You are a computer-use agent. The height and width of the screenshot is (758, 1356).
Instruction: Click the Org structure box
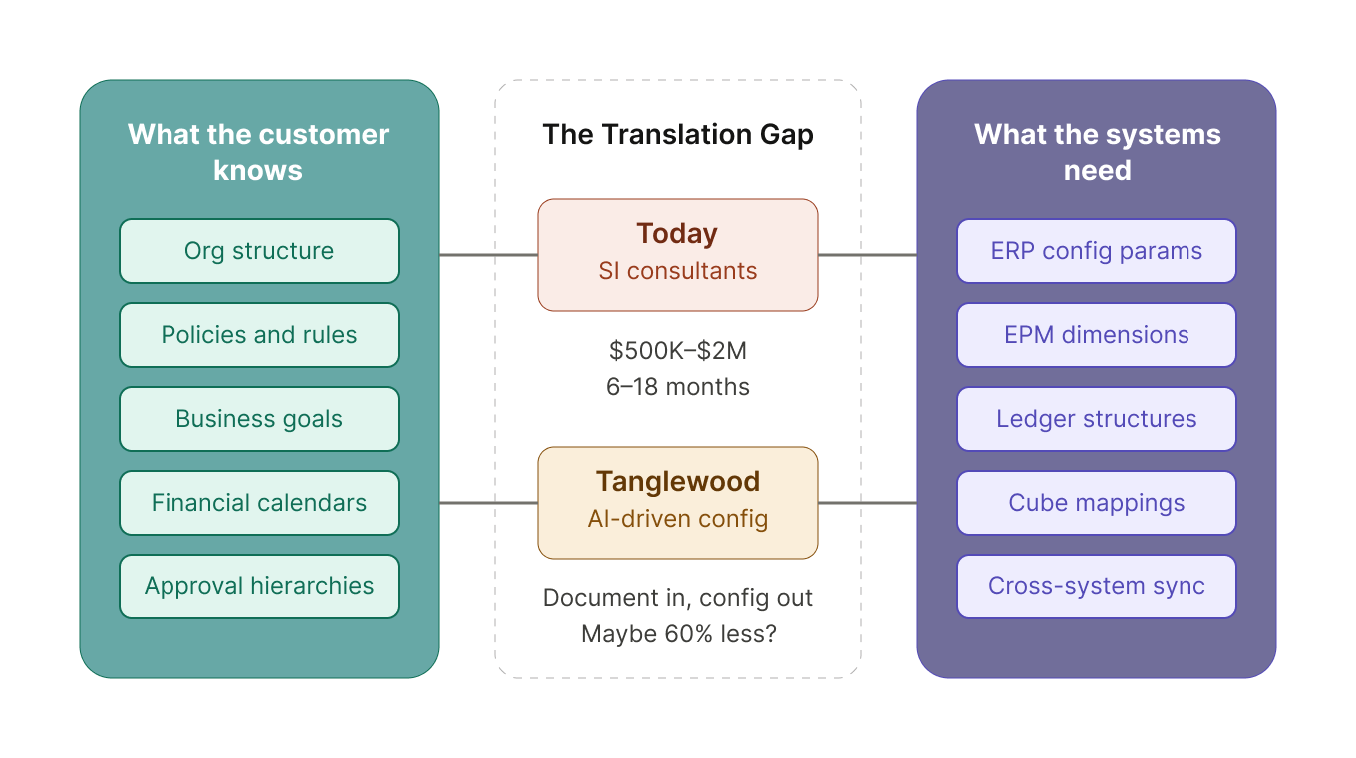click(x=259, y=251)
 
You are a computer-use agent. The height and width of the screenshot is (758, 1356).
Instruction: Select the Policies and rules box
click(x=259, y=335)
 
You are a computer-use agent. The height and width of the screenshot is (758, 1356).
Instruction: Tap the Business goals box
click(x=259, y=419)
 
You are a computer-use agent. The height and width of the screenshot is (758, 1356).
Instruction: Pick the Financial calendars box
click(x=259, y=503)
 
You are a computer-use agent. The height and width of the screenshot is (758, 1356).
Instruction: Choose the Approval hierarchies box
click(x=259, y=586)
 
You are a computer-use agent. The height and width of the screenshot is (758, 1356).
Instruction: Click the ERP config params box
click(x=1097, y=251)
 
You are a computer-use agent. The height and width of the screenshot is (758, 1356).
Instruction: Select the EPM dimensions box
click(x=1097, y=335)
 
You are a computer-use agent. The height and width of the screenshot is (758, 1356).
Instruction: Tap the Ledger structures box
click(x=1097, y=419)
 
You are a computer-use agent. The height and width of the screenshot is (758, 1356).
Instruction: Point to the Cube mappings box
click(x=1097, y=503)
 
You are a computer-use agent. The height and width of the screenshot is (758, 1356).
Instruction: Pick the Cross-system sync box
click(x=1097, y=586)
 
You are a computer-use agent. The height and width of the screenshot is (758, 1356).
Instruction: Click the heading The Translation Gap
click(x=678, y=135)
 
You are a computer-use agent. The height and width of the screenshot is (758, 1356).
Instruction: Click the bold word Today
click(x=678, y=234)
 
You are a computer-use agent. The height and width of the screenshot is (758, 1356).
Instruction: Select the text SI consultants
click(x=678, y=271)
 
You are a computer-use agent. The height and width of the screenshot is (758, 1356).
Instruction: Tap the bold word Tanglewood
click(x=678, y=482)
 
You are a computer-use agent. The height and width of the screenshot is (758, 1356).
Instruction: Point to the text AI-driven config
click(x=678, y=519)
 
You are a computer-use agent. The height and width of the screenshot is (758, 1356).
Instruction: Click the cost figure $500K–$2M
click(x=678, y=351)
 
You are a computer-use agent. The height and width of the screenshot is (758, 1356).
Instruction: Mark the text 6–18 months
click(x=678, y=387)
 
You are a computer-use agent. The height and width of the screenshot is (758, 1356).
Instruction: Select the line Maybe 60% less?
click(x=678, y=634)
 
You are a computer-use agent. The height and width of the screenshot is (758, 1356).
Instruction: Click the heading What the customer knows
click(x=259, y=152)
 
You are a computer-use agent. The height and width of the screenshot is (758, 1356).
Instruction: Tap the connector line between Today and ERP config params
click(x=867, y=255)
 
